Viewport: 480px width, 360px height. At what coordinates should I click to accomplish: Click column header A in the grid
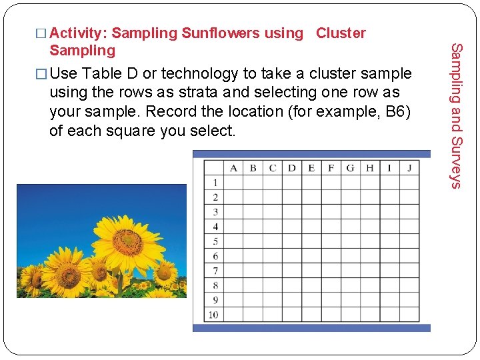pos(233,167)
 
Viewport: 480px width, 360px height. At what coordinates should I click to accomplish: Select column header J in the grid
pos(409,167)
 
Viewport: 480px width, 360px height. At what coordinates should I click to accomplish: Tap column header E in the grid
pos(311,167)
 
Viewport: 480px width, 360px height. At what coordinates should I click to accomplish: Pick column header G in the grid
pos(350,167)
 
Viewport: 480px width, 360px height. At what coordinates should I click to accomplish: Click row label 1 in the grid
pos(215,182)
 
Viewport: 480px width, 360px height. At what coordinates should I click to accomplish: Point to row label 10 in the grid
pos(213,315)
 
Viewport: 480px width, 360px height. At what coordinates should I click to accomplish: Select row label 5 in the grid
pos(215,241)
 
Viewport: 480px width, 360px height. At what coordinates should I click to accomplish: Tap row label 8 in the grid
pos(215,285)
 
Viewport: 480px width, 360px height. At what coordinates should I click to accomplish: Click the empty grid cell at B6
pos(253,256)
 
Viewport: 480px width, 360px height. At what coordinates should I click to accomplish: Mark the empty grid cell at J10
pos(409,315)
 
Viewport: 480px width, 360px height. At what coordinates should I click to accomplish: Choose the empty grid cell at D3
pos(291,212)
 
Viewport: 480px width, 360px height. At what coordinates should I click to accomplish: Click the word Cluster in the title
pos(341,33)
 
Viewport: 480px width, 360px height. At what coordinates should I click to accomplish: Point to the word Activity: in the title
pos(79,33)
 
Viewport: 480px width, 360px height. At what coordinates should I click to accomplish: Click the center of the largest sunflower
pos(127,241)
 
